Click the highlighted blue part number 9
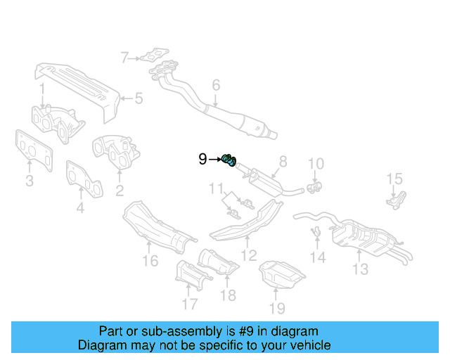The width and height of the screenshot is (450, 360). (x=229, y=160)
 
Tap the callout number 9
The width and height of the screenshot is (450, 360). (x=202, y=160)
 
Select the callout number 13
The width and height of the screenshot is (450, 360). (x=360, y=269)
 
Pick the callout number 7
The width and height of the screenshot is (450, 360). (x=124, y=58)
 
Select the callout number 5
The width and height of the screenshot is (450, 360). (x=139, y=98)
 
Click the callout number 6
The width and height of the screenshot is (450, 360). (x=216, y=86)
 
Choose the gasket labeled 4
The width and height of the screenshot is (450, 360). (x=84, y=179)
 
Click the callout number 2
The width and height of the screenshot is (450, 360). (x=120, y=190)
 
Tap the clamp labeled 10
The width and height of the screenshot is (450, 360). (x=314, y=186)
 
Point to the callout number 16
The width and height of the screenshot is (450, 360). (x=150, y=262)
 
